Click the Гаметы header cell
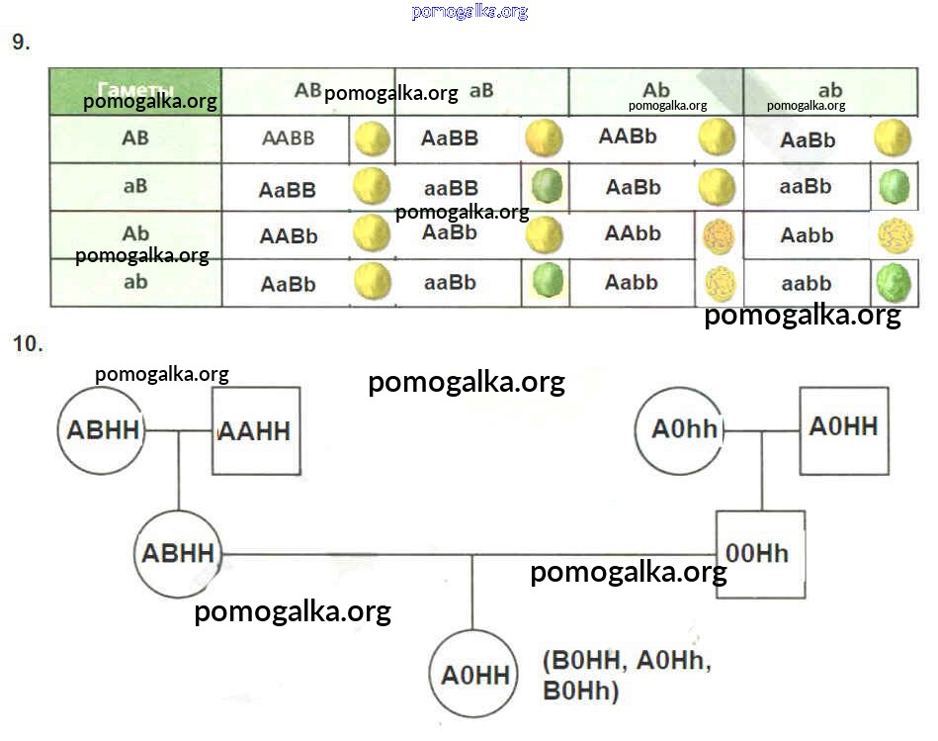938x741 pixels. point(136,91)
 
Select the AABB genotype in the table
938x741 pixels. point(288,139)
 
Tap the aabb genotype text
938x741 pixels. point(807,284)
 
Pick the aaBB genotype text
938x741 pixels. point(451,188)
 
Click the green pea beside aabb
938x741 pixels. point(893,284)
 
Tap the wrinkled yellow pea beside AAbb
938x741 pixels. point(719,237)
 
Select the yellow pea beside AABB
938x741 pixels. point(373,139)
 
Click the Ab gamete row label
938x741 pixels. point(135,234)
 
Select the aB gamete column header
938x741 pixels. point(481,91)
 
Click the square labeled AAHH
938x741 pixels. point(256,431)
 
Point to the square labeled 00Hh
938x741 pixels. point(758,553)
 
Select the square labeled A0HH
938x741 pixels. point(842,428)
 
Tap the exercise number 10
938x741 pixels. point(27,345)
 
